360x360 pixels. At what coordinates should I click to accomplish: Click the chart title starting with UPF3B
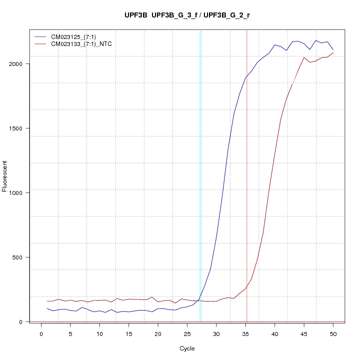coord(187,15)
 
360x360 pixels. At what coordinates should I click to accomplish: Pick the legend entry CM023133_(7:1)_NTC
coord(81,44)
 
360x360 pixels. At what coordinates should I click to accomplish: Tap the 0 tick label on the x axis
coord(41,333)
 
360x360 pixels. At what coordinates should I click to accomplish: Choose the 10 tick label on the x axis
coord(99,333)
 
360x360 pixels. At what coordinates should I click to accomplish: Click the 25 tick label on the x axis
coord(187,333)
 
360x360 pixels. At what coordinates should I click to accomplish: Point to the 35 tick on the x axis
coord(245,333)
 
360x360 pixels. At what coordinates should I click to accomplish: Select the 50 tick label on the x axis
coord(333,333)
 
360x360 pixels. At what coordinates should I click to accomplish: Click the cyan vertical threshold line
coord(200,175)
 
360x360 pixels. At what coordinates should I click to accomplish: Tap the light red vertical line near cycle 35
coord(247,175)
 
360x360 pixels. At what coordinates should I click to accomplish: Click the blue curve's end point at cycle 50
coord(333,49)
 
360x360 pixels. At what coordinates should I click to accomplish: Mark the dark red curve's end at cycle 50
coord(333,52)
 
